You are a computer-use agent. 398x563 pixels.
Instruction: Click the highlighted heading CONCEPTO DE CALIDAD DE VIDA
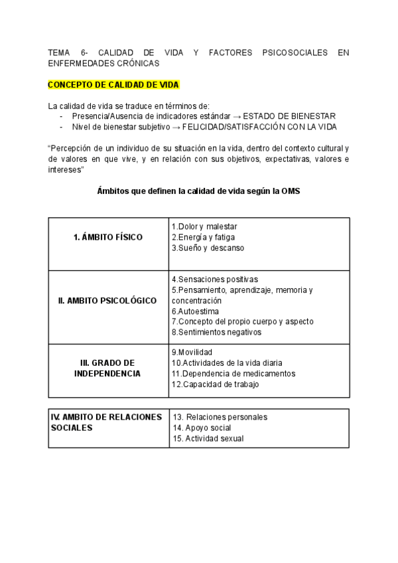click(x=113, y=85)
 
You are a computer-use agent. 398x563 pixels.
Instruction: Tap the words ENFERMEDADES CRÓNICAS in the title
click(x=104, y=63)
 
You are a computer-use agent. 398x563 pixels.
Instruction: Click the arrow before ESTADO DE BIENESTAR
click(x=237, y=116)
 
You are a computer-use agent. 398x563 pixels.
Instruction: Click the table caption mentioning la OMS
click(x=198, y=192)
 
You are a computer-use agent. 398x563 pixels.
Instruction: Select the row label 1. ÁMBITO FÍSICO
click(x=108, y=237)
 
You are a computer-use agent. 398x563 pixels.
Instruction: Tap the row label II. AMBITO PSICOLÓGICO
click(x=108, y=300)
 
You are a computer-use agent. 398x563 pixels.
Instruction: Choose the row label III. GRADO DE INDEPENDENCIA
click(x=108, y=368)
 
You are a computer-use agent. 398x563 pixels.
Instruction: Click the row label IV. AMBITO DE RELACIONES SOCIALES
click(x=107, y=422)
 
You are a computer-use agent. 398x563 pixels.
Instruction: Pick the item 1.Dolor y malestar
click(x=204, y=226)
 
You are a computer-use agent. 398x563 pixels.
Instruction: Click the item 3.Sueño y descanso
click(x=208, y=248)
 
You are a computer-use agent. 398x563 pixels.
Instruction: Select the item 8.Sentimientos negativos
click(x=216, y=332)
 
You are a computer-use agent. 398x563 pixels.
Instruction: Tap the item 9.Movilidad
click(x=192, y=352)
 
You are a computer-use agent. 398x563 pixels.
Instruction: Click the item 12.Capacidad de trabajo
click(x=215, y=384)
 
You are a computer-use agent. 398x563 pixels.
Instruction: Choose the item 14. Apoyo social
click(x=202, y=428)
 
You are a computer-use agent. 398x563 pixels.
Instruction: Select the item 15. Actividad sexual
click(x=208, y=438)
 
